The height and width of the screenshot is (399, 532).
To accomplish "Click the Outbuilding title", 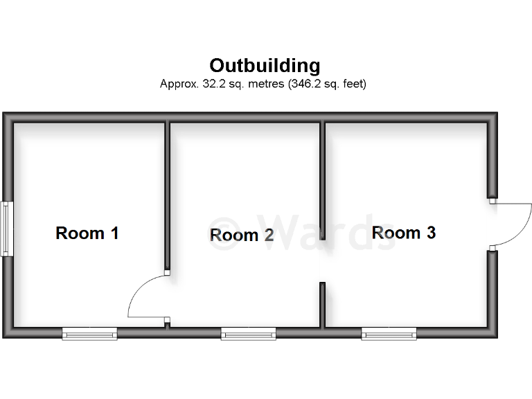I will coord(265,66).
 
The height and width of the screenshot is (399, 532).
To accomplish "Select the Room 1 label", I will coord(87,233).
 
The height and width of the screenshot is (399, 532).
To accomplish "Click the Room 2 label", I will coord(242,236).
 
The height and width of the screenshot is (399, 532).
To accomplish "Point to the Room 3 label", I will coord(404,233).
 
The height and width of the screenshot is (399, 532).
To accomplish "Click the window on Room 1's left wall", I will coord(6,229).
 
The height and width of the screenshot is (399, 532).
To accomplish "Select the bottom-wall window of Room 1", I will coord(90,335).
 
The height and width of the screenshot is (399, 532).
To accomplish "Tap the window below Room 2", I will coord(248,335).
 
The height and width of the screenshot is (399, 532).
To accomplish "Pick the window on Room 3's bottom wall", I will coord(389,335).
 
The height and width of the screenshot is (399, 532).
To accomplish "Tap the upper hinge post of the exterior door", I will coord(492,201).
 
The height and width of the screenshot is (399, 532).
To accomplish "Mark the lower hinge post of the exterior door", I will coord(492,247).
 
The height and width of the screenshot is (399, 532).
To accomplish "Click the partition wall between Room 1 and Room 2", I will coord(167,194).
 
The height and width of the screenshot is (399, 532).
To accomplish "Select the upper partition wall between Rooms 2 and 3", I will coord(322,173).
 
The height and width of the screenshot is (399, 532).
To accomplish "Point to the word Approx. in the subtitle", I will coord(178,85).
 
